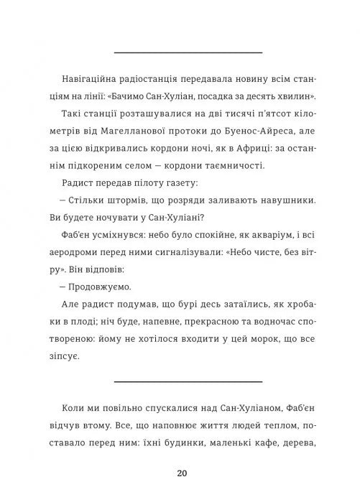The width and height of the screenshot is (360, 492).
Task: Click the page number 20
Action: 180,472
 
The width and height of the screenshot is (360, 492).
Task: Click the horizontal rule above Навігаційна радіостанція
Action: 188,52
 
